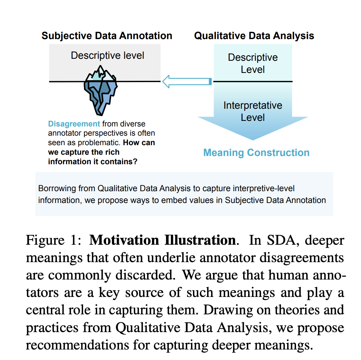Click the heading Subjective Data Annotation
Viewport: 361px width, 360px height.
(x=107, y=35)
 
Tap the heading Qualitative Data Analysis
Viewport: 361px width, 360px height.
(x=254, y=35)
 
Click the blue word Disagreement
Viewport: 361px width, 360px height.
(x=74, y=124)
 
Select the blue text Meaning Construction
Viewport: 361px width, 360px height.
(x=256, y=153)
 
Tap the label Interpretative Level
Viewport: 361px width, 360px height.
(x=253, y=111)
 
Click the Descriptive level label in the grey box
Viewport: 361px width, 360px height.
(x=107, y=56)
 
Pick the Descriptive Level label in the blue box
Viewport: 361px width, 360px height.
(x=253, y=63)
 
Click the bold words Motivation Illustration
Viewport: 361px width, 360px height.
(x=162, y=240)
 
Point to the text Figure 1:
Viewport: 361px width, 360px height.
(x=53, y=240)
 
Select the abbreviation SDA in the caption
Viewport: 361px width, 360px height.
(x=282, y=240)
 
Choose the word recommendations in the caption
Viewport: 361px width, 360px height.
(x=77, y=345)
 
